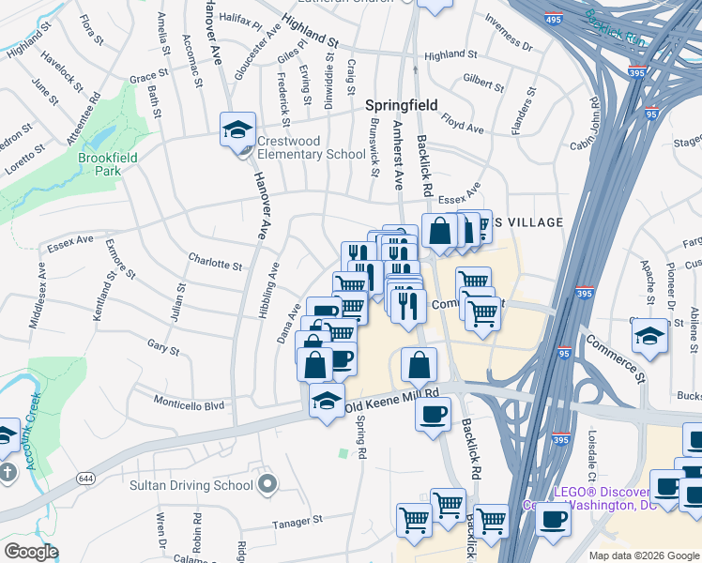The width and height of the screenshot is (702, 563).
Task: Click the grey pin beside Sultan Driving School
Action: pyautogui.click(x=267, y=485)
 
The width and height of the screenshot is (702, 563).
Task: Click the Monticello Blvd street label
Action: pyautogui.click(x=190, y=405)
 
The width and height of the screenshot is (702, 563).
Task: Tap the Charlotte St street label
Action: pyautogui.click(x=215, y=264)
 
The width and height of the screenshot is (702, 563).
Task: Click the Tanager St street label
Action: pyautogui.click(x=298, y=519)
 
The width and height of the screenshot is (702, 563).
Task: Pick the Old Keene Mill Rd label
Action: pyautogui.click(x=392, y=401)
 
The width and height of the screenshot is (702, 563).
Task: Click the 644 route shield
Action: pyautogui.click(x=86, y=479)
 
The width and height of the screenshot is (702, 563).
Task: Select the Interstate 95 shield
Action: pyautogui.click(x=564, y=354)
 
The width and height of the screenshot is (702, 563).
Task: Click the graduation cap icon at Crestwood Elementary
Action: pyautogui.click(x=238, y=128)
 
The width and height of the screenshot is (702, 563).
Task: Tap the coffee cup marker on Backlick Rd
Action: pyautogui.click(x=433, y=414)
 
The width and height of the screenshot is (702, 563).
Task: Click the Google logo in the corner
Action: pyautogui.click(x=31, y=552)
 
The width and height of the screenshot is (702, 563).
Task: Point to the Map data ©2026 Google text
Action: pyautogui.click(x=644, y=555)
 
